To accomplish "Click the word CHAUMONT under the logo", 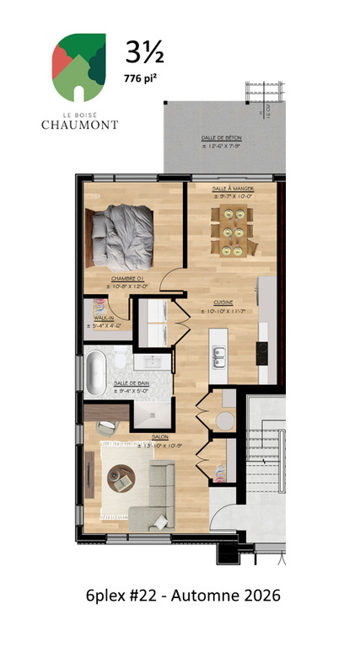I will pyautogui.click(x=79, y=125).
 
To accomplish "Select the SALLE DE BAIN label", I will pyautogui.click(x=131, y=382).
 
